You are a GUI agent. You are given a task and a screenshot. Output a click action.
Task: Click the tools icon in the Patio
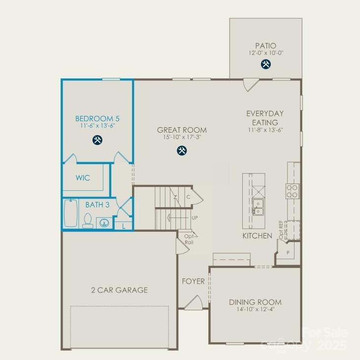[x=266, y=64]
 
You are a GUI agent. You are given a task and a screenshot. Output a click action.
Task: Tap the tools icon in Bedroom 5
[x=98, y=140]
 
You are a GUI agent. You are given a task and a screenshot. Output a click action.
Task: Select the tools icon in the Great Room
[x=182, y=151]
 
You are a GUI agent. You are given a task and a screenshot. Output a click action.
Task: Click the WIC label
[x=83, y=178]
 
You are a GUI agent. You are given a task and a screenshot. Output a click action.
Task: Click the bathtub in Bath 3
[x=70, y=214]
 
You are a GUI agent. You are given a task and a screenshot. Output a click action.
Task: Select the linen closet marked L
[x=123, y=226]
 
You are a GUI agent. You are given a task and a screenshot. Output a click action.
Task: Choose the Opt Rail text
[x=189, y=239]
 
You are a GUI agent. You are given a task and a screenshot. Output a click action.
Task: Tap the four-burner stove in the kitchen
[x=293, y=190]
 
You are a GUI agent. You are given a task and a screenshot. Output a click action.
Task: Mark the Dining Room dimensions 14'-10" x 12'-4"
[x=255, y=309]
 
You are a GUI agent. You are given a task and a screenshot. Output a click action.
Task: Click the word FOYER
[x=193, y=282]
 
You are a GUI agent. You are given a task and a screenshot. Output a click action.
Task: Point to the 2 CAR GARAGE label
[x=119, y=290]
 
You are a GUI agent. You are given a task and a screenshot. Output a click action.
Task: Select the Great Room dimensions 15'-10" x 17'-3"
[x=182, y=138]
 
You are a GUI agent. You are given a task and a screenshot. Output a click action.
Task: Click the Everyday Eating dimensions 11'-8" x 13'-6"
[x=265, y=130]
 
